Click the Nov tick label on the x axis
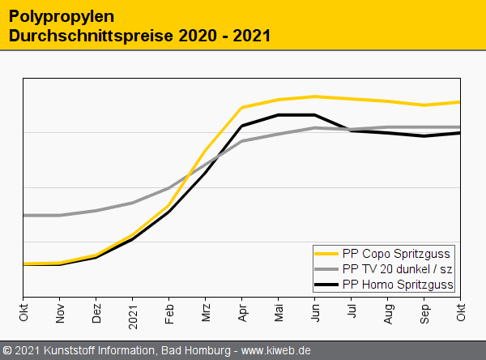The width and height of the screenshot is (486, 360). pos(60,312)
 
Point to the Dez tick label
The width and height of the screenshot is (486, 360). pos(96,312)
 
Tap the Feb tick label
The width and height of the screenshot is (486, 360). pos(169,312)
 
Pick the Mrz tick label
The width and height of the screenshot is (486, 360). pos(206,312)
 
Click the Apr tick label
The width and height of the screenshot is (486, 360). pos(242,312)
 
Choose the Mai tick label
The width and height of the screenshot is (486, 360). pos(279,312)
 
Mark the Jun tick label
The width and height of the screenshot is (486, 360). pos(315,312)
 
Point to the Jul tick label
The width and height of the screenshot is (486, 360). pos(352,312)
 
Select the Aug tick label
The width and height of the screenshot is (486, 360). pos(388,312)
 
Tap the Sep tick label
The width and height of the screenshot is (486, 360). pos(424,312)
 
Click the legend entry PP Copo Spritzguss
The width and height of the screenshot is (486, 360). pos(396,253)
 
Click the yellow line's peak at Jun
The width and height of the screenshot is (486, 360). pos(315,96)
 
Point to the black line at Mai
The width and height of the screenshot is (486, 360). pos(279,115)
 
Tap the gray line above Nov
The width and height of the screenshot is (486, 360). pos(60,215)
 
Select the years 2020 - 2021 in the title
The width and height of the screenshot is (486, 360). pos(218,36)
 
